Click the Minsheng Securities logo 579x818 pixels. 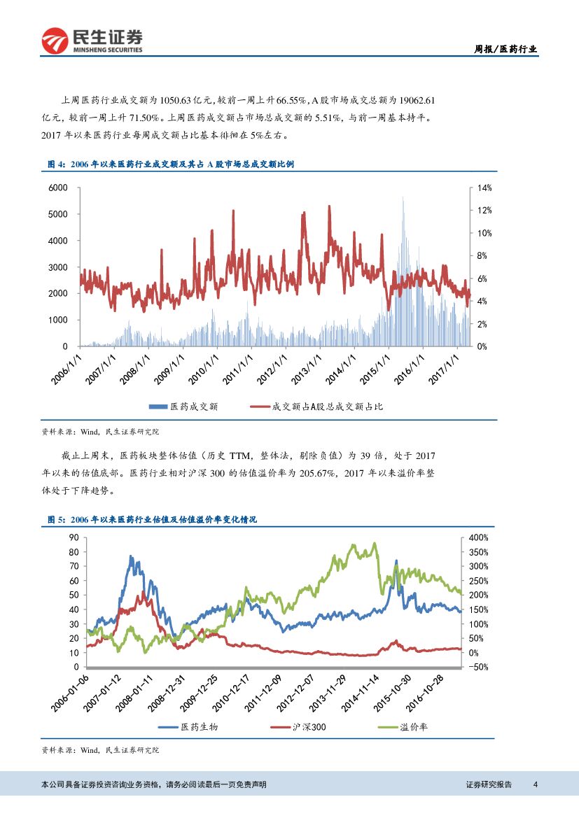tap(92, 41)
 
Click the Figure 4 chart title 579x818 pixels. tap(171, 164)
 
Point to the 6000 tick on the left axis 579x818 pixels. tap(58, 188)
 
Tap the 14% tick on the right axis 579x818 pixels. tap(486, 188)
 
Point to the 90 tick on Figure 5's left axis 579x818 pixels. tap(73, 537)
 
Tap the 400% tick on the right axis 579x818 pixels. tap(478, 537)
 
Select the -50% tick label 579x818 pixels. tap(478, 668)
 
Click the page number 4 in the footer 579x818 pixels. tap(535, 784)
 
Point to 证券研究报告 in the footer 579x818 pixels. tap(489, 784)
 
